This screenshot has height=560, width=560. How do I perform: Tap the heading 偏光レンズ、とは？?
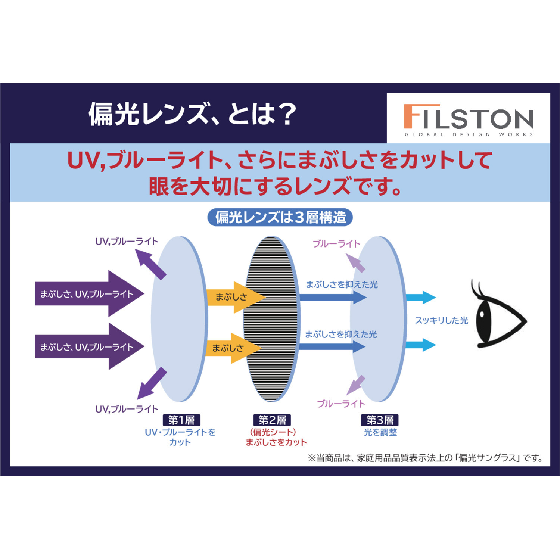click(x=192, y=114)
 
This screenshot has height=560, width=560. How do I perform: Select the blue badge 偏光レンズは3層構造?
click(x=280, y=217)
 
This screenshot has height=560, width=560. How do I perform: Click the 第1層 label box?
click(x=181, y=420)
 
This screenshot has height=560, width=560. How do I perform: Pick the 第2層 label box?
click(x=272, y=420)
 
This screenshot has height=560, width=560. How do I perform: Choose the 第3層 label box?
click(x=380, y=420)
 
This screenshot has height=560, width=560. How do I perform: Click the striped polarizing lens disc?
click(x=271, y=319)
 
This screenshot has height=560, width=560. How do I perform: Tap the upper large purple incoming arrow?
click(x=90, y=294)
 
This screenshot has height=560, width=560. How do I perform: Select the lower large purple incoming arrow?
click(x=90, y=347)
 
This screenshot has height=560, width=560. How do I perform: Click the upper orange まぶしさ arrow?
click(x=235, y=297)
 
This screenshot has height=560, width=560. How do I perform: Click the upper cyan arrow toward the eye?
click(x=421, y=298)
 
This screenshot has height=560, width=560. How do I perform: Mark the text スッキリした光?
click(x=441, y=320)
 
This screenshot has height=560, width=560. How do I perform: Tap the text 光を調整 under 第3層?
click(x=380, y=432)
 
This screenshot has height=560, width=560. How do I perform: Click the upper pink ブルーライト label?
click(x=336, y=244)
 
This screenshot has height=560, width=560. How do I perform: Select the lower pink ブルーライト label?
click(x=341, y=404)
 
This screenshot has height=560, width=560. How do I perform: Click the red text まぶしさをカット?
click(x=276, y=442)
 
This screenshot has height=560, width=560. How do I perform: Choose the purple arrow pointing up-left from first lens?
click(x=150, y=264)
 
